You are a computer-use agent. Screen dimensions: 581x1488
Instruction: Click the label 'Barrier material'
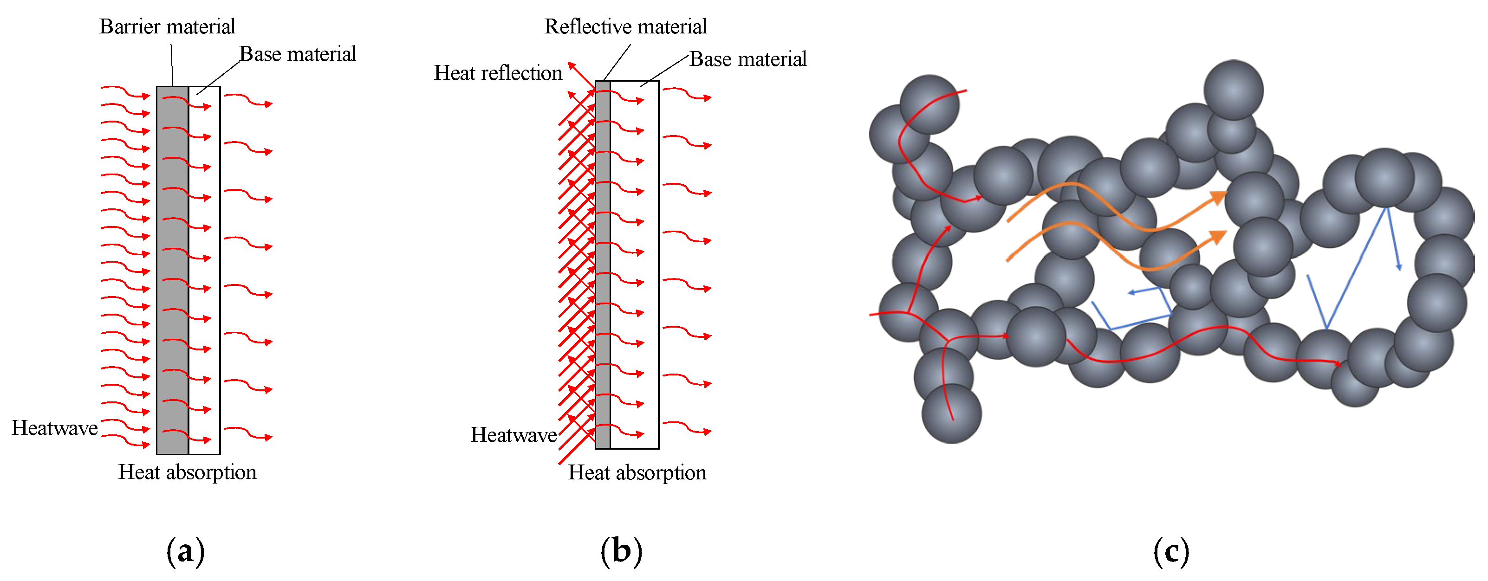pos(167,26)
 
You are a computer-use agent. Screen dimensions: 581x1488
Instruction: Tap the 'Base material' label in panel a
pos(298,54)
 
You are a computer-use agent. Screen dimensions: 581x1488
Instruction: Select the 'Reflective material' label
pos(625,26)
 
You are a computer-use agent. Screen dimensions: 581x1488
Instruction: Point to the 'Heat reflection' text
pos(498,73)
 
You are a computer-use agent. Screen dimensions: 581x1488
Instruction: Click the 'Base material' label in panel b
pos(747,59)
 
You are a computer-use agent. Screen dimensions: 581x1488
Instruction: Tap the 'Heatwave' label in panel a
pos(55,428)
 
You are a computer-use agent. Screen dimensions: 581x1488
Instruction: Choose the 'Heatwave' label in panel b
pos(513,435)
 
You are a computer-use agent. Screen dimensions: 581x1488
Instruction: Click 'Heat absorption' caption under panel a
pos(187,472)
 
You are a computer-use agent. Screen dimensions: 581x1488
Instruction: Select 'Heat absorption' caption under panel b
pos(637,473)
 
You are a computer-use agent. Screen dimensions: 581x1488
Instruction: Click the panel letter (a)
pos(185,552)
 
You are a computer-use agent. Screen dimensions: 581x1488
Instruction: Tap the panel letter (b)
pos(621,552)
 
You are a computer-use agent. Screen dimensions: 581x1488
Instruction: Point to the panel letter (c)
pos(1171,552)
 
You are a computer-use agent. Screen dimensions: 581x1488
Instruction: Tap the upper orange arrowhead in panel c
pos(1219,198)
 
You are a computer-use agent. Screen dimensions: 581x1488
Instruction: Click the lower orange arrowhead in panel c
pos(1219,237)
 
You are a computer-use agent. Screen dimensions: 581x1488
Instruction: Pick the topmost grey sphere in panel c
pos(1233,90)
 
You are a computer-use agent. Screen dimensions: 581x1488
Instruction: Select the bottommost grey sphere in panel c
pos(951,413)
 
